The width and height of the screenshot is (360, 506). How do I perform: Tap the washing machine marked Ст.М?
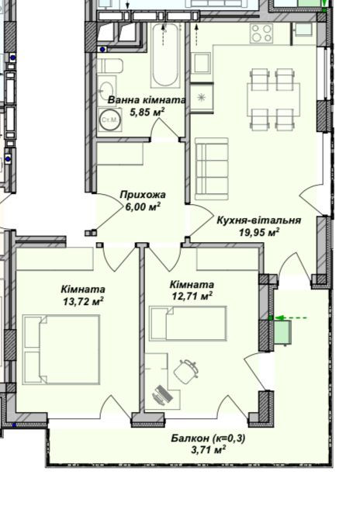coord(109,121)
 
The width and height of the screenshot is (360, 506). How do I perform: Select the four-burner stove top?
coord(261,33)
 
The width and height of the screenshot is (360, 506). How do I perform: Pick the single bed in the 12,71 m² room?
coord(188,323)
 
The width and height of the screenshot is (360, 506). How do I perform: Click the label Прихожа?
coord(143,196)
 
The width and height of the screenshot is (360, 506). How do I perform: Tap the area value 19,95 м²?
coord(259,230)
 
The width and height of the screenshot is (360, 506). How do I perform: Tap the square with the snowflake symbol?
coord(202,97)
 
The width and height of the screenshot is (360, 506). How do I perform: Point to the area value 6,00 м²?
coord(143,206)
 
